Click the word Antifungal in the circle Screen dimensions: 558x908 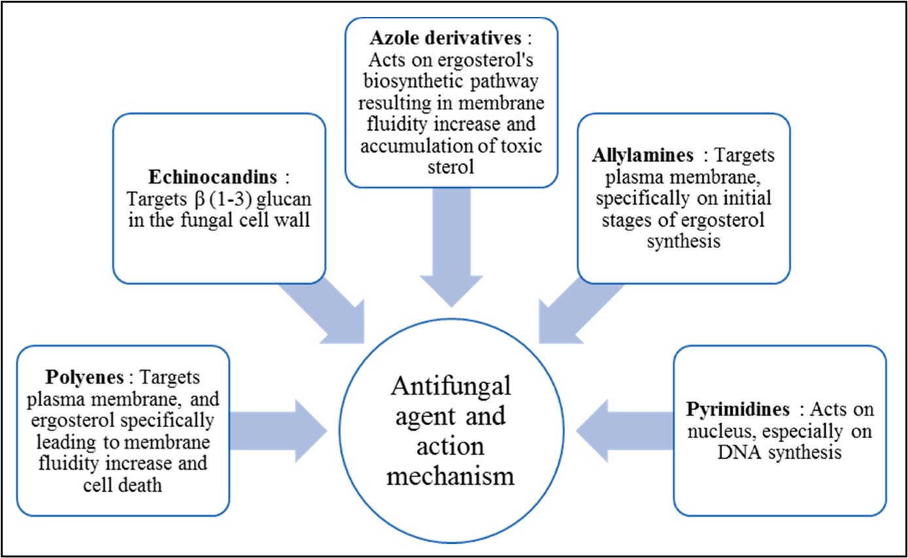pyautogui.click(x=450, y=392)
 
